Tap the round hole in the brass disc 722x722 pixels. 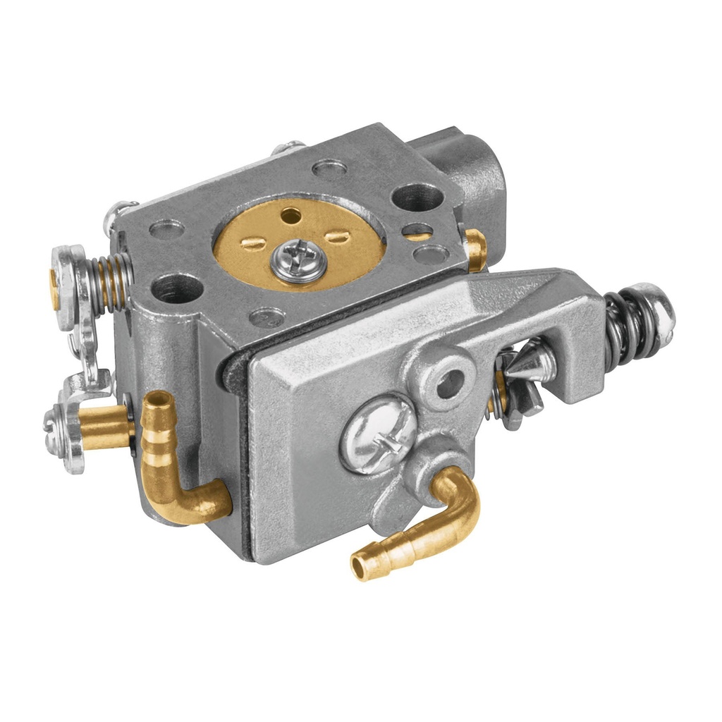point(289,213)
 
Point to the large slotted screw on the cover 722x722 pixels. point(377,432)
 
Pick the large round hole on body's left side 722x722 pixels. point(177,288)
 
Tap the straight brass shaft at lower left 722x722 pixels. point(106,424)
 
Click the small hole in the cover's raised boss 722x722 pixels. point(451,383)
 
